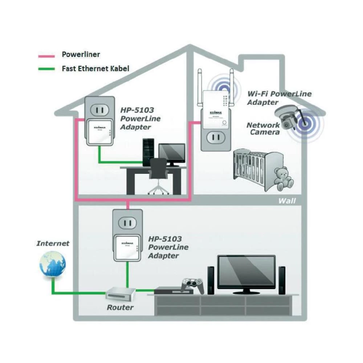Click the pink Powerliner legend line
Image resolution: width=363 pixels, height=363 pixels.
46,56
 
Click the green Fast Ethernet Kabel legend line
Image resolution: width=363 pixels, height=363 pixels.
46,69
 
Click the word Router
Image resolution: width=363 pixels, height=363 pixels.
120,307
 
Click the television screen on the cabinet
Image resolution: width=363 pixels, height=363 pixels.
246,273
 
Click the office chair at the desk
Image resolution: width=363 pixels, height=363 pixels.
159,174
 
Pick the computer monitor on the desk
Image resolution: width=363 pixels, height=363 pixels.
172,153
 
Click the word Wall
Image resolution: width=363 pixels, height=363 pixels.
287,201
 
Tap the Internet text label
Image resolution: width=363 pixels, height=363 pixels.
53,243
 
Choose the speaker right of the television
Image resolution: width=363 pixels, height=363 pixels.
281,280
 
